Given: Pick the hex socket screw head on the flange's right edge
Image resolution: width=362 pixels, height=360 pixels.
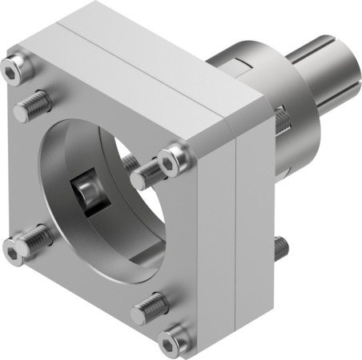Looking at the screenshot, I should (x=173, y=162).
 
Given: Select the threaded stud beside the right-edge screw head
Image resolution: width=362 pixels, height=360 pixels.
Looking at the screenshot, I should (x=143, y=175).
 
